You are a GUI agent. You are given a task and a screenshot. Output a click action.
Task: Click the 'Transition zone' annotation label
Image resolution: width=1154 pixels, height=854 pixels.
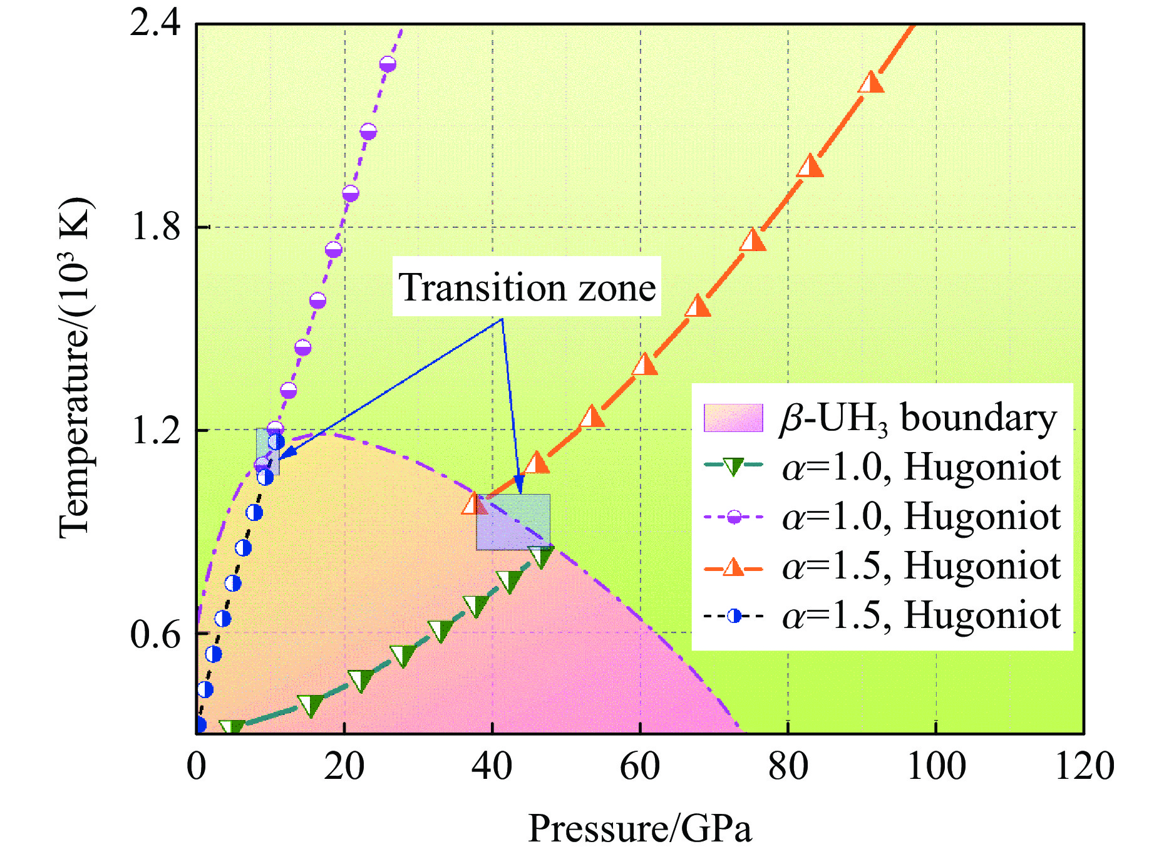527,288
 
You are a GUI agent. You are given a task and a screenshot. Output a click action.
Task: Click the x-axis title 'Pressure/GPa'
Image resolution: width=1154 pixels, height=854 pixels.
640,829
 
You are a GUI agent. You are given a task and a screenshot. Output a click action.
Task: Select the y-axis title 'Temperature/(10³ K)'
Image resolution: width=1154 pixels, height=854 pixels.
76,368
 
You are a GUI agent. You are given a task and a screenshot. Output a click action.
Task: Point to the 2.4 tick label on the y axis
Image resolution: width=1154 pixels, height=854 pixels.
155,24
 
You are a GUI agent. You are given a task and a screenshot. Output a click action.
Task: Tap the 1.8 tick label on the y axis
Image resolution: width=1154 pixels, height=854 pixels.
155,227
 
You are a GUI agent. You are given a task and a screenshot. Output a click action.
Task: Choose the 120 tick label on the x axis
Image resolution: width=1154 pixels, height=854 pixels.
1084,766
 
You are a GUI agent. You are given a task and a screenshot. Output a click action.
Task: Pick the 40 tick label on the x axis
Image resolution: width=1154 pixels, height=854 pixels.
493,766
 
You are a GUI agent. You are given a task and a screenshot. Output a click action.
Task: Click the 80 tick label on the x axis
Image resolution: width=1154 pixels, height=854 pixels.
788,766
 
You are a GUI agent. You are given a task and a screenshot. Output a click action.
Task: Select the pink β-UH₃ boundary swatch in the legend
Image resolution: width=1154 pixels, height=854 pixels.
733,418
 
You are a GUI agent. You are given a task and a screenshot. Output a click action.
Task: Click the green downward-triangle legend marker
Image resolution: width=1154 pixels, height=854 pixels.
733,466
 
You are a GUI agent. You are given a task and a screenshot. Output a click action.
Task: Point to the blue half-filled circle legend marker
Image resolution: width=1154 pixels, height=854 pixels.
733,617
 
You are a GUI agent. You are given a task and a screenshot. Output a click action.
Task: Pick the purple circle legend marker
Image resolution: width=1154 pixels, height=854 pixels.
733,517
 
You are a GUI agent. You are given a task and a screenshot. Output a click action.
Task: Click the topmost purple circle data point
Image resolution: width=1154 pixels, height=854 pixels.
388,64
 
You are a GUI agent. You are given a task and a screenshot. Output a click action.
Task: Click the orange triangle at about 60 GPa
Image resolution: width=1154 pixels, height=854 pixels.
644,364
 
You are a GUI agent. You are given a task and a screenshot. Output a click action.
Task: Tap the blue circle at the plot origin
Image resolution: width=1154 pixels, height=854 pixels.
199,725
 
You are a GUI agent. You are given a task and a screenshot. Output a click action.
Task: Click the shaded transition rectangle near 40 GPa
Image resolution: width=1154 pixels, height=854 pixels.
513,522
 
